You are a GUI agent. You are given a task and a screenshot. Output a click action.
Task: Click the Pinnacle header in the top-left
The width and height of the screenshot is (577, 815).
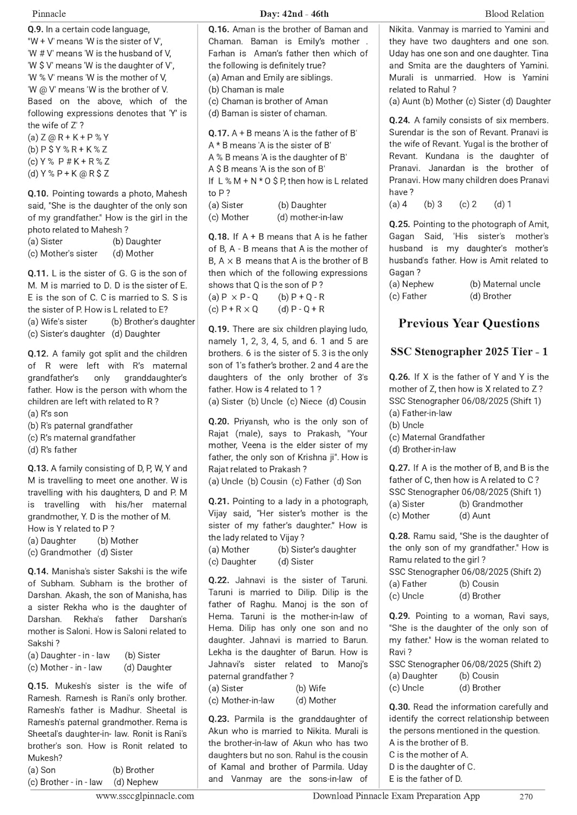[x=49, y=14]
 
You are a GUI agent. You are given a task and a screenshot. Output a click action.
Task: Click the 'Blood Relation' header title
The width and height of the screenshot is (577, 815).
[x=514, y=14]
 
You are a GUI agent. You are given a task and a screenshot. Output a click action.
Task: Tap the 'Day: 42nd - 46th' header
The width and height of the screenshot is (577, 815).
[x=294, y=14]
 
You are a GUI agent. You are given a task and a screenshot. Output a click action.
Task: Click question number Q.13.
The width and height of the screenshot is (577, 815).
[x=38, y=468]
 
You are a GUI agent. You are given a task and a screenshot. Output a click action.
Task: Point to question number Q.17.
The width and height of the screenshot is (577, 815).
[x=219, y=133]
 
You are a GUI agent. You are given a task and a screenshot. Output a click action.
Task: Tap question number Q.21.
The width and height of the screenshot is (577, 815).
[x=219, y=501]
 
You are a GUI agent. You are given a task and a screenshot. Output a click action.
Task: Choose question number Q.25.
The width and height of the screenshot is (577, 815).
[x=399, y=224]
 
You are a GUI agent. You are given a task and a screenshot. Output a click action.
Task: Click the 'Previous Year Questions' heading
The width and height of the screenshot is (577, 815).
[x=469, y=323]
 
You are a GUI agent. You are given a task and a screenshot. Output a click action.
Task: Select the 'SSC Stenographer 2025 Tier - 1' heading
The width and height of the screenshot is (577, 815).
[x=469, y=352]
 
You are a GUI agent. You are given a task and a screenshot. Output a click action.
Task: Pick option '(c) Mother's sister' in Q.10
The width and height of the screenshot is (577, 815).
[x=63, y=254]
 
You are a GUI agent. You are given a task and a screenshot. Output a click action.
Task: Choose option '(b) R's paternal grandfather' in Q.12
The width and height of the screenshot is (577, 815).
[x=80, y=426]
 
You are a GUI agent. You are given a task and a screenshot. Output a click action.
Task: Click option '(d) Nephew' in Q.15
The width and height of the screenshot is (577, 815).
[x=136, y=782]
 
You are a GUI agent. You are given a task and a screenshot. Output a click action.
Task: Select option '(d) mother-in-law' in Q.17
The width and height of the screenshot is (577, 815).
[x=310, y=217]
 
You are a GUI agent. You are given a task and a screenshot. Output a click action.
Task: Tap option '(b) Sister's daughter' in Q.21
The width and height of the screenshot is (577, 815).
[x=317, y=550]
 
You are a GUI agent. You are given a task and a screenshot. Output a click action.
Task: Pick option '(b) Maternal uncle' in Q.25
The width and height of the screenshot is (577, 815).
[x=504, y=284]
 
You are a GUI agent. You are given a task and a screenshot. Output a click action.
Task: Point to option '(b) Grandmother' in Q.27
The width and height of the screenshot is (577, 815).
[x=491, y=504]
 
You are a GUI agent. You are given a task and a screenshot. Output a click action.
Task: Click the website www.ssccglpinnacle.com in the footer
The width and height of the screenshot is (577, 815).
[x=145, y=797]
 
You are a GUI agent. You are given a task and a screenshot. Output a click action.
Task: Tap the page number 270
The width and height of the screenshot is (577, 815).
[x=526, y=797]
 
